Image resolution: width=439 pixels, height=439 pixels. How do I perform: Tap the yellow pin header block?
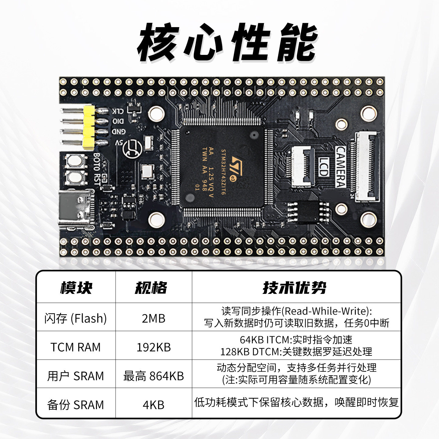click(x=88, y=128)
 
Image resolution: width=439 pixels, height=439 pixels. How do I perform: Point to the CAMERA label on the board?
click(x=341, y=166)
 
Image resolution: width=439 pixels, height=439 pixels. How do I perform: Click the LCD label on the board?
click(x=323, y=166)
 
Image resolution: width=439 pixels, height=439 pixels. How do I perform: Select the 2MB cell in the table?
click(x=154, y=318)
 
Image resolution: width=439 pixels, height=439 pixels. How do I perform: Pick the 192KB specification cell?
click(x=154, y=347)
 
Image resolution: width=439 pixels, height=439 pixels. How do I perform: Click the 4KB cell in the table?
click(x=154, y=405)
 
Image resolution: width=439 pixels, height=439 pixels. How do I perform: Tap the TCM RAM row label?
click(x=76, y=347)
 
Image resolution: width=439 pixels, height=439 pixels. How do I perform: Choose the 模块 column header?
click(x=76, y=287)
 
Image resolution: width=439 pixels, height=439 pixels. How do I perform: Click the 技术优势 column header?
click(x=294, y=287)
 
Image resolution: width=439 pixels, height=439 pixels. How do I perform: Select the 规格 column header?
click(x=151, y=287)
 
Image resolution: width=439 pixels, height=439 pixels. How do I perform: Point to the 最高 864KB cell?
click(x=154, y=376)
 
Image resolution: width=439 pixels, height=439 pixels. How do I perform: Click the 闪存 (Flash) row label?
click(x=76, y=318)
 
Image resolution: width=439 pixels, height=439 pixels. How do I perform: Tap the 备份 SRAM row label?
click(x=76, y=405)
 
